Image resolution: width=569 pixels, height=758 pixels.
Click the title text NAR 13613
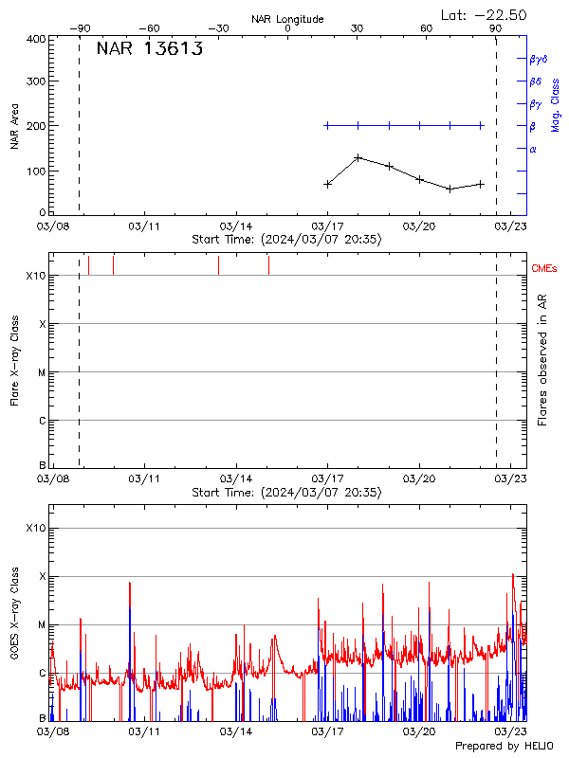point(149,50)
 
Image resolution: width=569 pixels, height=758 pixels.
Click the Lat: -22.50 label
point(485,14)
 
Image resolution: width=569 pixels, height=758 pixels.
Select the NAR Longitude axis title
point(287,19)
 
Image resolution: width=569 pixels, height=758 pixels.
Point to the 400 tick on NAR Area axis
point(35,40)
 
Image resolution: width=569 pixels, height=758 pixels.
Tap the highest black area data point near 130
point(358,157)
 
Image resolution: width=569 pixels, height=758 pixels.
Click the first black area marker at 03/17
point(328,184)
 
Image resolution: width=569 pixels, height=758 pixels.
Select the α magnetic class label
point(533,149)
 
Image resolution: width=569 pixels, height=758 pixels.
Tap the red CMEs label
point(544,270)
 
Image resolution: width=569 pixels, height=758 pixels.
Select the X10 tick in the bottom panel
point(35,528)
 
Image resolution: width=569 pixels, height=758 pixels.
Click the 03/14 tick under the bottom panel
point(236,731)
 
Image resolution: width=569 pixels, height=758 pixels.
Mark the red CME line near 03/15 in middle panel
point(268,264)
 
